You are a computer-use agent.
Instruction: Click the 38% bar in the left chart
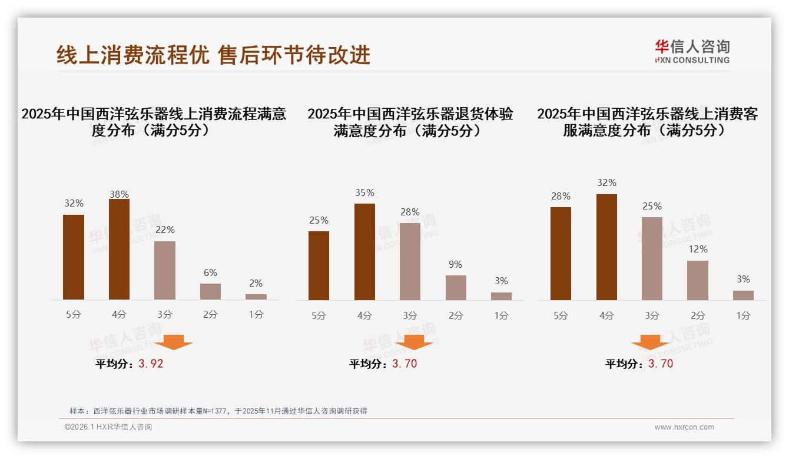(119, 250)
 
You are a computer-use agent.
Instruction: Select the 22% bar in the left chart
(165, 270)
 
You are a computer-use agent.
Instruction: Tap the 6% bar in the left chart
(210, 291)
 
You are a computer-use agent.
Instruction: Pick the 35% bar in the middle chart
(364, 252)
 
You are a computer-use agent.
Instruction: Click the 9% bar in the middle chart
(456, 288)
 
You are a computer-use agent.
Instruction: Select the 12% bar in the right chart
(698, 280)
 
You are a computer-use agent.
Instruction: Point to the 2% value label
(256, 283)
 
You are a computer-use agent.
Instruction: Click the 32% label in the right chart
(606, 183)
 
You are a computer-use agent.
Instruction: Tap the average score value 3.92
(151, 364)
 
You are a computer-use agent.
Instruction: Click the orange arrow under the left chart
(174, 342)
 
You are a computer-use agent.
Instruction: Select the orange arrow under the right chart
(650, 342)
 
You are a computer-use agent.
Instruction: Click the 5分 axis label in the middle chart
(319, 315)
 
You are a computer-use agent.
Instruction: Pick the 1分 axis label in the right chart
(743, 315)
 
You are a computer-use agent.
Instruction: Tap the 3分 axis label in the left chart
(165, 315)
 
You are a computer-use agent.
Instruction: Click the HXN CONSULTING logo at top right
(692, 51)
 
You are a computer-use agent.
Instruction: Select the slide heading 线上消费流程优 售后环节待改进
(213, 55)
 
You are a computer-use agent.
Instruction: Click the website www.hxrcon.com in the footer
(684, 427)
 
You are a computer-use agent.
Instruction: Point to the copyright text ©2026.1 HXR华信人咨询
(108, 427)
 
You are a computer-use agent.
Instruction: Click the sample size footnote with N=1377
(218, 411)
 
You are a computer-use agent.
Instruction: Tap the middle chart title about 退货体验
(410, 122)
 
